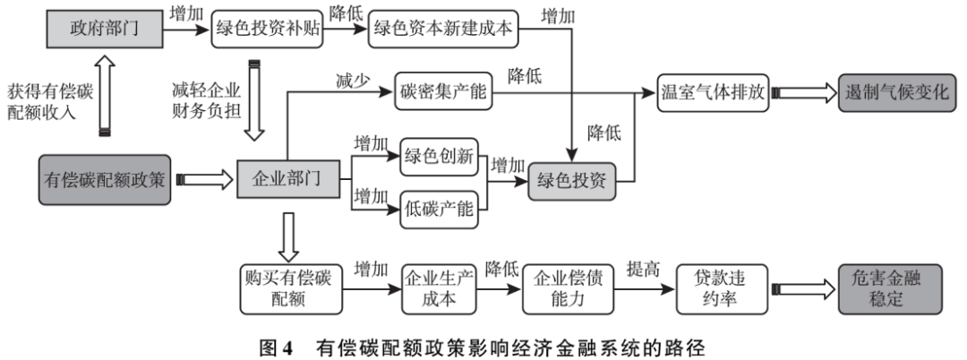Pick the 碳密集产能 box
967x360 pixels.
point(442,92)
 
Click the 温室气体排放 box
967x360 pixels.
point(714,92)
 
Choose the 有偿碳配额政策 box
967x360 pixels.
point(104,179)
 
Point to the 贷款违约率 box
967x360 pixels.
point(722,287)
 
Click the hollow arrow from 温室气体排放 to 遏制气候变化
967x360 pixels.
point(805,92)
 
